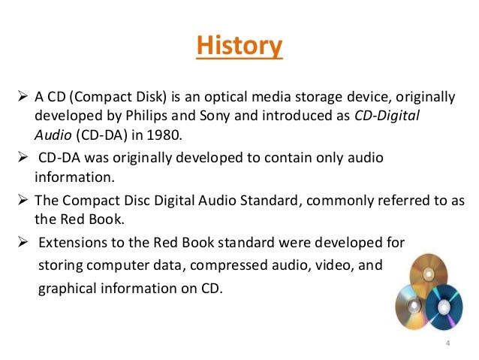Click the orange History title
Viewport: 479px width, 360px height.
click(x=239, y=46)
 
